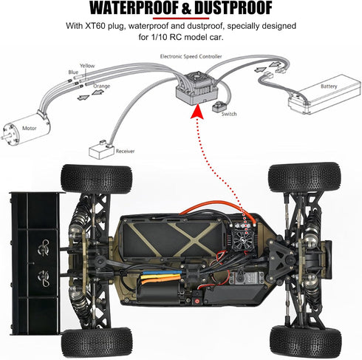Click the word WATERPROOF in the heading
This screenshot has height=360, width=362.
coord(134,8)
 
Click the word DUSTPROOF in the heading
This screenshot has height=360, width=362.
coord(233,8)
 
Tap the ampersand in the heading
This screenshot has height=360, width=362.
coord(186,8)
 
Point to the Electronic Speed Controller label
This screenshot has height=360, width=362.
coord(191,56)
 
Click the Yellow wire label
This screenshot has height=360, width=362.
coord(87,66)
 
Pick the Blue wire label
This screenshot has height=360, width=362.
coord(73,72)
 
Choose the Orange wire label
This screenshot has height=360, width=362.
coord(101,86)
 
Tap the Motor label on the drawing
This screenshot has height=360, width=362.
coord(29,128)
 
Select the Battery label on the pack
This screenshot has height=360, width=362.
coord(329,86)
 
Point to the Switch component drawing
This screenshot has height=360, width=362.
coord(218,106)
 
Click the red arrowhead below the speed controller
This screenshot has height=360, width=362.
coord(197,112)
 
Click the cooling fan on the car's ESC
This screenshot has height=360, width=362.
coord(242,237)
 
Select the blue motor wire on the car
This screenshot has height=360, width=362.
coord(163,273)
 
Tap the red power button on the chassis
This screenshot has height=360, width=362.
coord(197,301)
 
